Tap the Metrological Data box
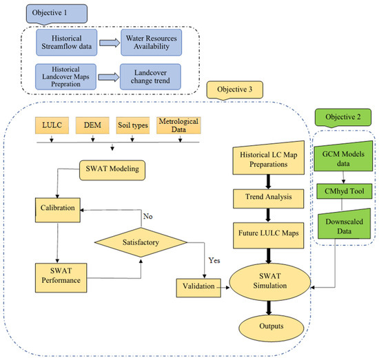(x=179, y=125)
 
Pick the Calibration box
(x=59, y=204)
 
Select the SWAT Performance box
(x=59, y=274)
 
